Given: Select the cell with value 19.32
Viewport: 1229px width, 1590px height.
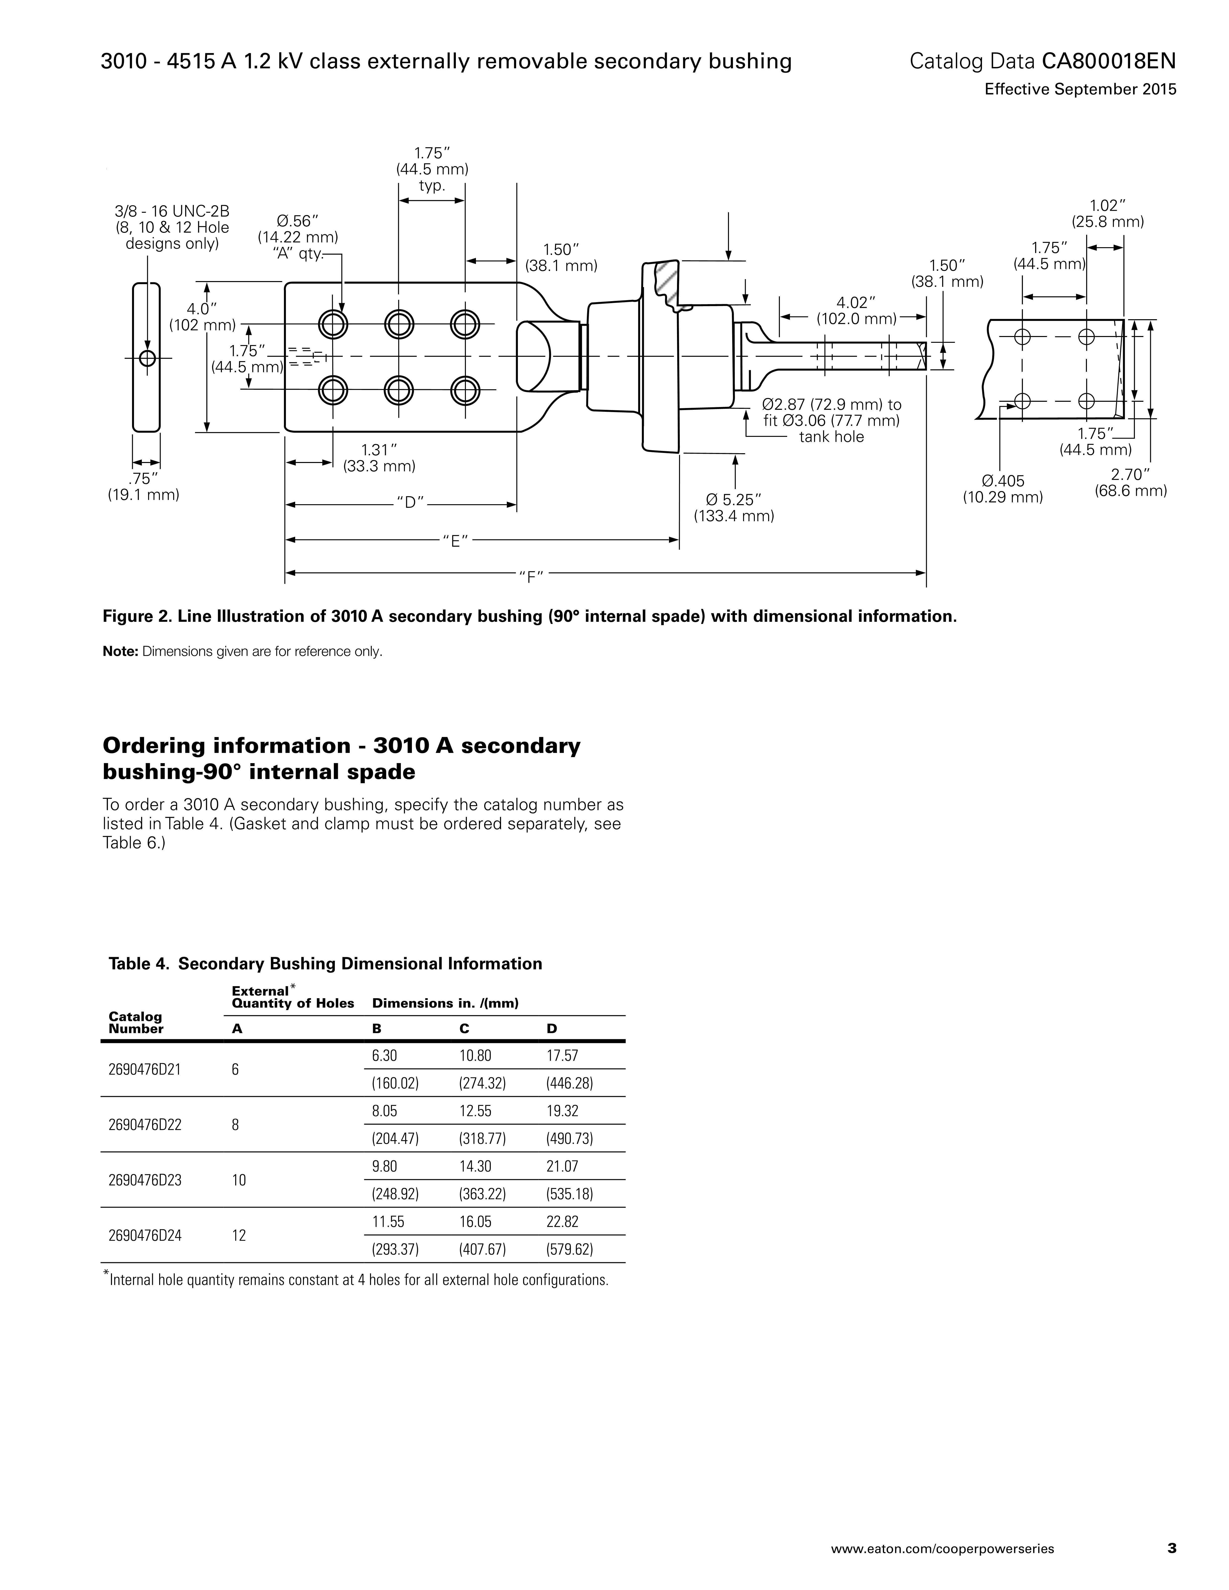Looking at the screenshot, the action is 562,1111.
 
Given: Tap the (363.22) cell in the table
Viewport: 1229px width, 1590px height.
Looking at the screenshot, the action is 482,1194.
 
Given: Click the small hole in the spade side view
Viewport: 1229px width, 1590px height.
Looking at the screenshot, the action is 147,358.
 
